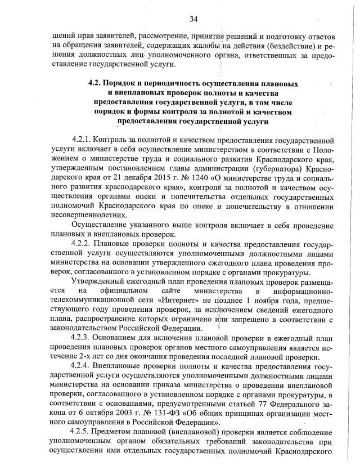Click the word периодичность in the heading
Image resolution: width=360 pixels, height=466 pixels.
coord(163,83)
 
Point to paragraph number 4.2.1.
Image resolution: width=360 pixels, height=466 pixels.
coord(82,138)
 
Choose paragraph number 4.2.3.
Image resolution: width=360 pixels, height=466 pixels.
coord(82,338)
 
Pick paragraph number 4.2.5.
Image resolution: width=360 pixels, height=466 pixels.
coord(82,432)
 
